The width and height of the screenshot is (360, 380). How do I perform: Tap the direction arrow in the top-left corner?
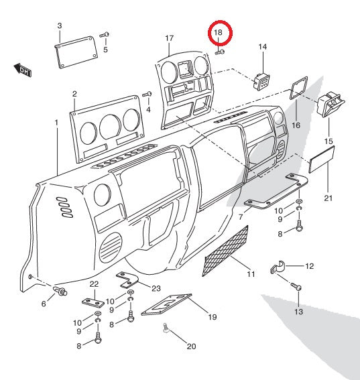(x=22, y=69)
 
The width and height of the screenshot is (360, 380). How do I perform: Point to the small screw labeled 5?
(x=104, y=34)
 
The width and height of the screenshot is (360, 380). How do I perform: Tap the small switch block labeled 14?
(x=261, y=80)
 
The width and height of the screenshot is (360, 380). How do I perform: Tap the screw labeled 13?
(x=298, y=288)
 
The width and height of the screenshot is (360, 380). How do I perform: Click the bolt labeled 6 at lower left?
(x=61, y=291)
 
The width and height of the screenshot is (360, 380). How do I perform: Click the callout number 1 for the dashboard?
(x=56, y=122)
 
